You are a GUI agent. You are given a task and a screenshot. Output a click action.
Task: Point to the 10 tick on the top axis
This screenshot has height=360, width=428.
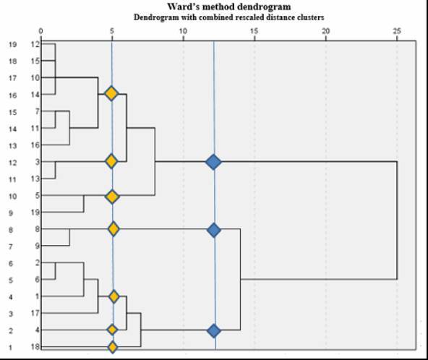(183, 31)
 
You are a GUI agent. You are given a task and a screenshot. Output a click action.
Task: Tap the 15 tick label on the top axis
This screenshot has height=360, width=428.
(254, 31)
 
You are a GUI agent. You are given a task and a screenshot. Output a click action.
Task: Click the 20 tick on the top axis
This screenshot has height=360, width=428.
(325, 31)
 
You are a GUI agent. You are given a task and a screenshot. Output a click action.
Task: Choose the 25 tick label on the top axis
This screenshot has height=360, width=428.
(397, 31)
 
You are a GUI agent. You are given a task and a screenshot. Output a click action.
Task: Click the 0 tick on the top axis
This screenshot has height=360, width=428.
(40, 31)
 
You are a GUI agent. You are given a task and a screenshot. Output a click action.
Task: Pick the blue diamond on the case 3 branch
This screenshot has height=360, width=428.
(213, 162)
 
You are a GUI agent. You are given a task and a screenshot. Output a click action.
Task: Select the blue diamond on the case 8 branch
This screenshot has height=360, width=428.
(214, 230)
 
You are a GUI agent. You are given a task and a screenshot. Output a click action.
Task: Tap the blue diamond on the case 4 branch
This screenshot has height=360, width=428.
(214, 331)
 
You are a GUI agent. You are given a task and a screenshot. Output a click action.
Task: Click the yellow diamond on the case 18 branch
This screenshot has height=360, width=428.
(113, 348)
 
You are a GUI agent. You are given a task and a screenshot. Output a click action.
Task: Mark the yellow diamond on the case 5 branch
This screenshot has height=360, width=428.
(112, 197)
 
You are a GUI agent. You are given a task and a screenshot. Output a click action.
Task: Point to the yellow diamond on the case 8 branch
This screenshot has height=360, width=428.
(114, 228)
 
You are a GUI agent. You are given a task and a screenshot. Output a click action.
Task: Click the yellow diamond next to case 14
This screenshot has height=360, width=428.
(111, 93)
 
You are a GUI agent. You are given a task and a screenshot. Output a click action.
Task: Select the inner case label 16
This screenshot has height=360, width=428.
(35, 145)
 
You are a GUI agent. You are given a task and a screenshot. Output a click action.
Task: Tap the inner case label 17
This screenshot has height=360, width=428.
(35, 313)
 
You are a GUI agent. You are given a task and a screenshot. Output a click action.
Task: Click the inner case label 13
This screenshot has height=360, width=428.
(35, 179)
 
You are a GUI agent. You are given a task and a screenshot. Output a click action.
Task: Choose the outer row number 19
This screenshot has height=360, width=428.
(12, 44)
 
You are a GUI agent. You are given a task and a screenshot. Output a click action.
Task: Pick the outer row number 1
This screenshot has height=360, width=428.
(10, 348)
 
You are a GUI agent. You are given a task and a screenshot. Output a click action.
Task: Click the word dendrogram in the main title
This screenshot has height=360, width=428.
(265, 7)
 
